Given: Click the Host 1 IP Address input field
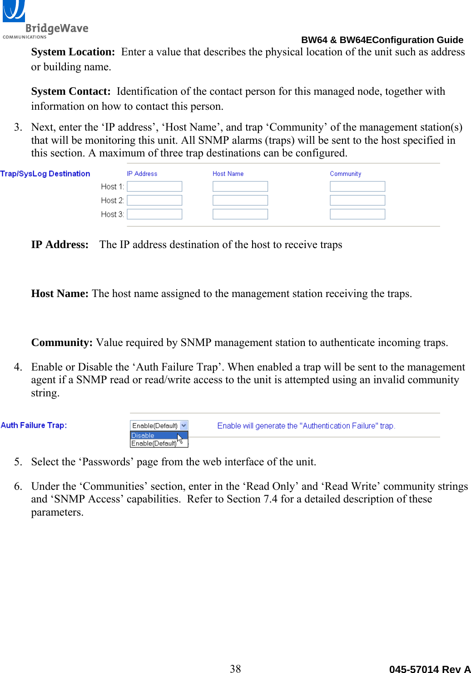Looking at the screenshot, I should [x=154, y=186].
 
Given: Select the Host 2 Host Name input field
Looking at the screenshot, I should [x=240, y=200].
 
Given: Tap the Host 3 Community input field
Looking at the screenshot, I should [x=357, y=214].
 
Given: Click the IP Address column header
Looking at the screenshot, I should [x=142, y=174].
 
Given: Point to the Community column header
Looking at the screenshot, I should [x=345, y=174].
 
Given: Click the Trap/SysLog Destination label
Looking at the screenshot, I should [x=45, y=174].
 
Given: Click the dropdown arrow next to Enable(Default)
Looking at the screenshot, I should [x=183, y=425].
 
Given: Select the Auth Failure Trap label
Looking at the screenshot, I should [x=34, y=425].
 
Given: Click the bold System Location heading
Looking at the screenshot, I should [x=73, y=52].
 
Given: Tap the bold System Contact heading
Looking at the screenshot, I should [x=70, y=92].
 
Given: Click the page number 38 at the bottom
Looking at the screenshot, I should [x=235, y=668].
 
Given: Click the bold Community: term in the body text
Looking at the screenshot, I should [x=62, y=343].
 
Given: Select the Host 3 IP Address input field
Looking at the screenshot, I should [x=154, y=214].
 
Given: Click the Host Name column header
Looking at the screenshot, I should [x=228, y=174].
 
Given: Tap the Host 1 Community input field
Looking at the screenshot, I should [x=357, y=186].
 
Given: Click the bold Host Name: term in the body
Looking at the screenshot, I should [x=59, y=294].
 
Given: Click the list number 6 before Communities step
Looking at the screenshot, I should [x=18, y=487].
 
